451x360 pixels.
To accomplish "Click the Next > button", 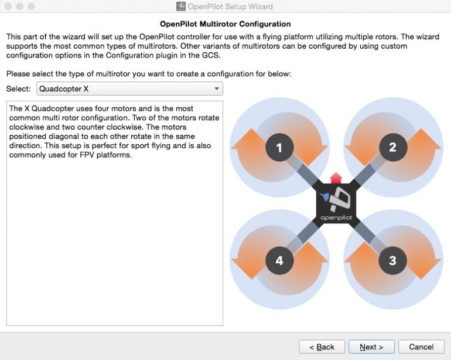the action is pyautogui.click(x=371, y=347).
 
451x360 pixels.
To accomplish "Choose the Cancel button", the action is pyautogui.click(x=421, y=347).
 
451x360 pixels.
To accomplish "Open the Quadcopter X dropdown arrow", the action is pyautogui.click(x=217, y=89).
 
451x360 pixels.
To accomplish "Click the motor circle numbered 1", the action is pyautogui.click(x=279, y=147).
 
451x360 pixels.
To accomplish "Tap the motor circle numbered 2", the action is pyautogui.click(x=393, y=147).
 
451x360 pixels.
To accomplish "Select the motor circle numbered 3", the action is pyautogui.click(x=392, y=260).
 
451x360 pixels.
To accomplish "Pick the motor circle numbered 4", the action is pyautogui.click(x=279, y=261).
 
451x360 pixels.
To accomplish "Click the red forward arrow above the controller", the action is pyautogui.click(x=336, y=178).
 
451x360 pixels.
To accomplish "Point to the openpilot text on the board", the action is pyautogui.click(x=336, y=218).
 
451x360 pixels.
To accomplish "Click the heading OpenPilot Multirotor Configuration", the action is pyautogui.click(x=225, y=24).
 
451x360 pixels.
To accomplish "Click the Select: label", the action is pyautogui.click(x=18, y=89).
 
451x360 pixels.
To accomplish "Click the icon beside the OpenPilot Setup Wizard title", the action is pyautogui.click(x=180, y=6).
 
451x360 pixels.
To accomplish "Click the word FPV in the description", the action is pyautogui.click(x=87, y=155).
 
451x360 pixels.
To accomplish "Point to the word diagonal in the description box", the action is pyautogui.click(x=74, y=137).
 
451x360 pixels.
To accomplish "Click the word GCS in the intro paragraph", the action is pyautogui.click(x=210, y=55).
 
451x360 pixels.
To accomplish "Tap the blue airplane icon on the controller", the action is pyautogui.click(x=325, y=196).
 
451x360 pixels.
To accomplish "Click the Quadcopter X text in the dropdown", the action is pyautogui.click(x=64, y=89).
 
